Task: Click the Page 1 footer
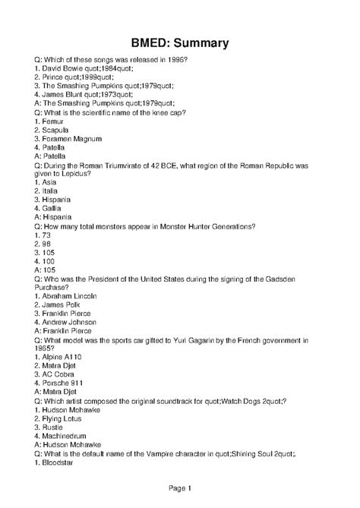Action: click(x=179, y=487)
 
